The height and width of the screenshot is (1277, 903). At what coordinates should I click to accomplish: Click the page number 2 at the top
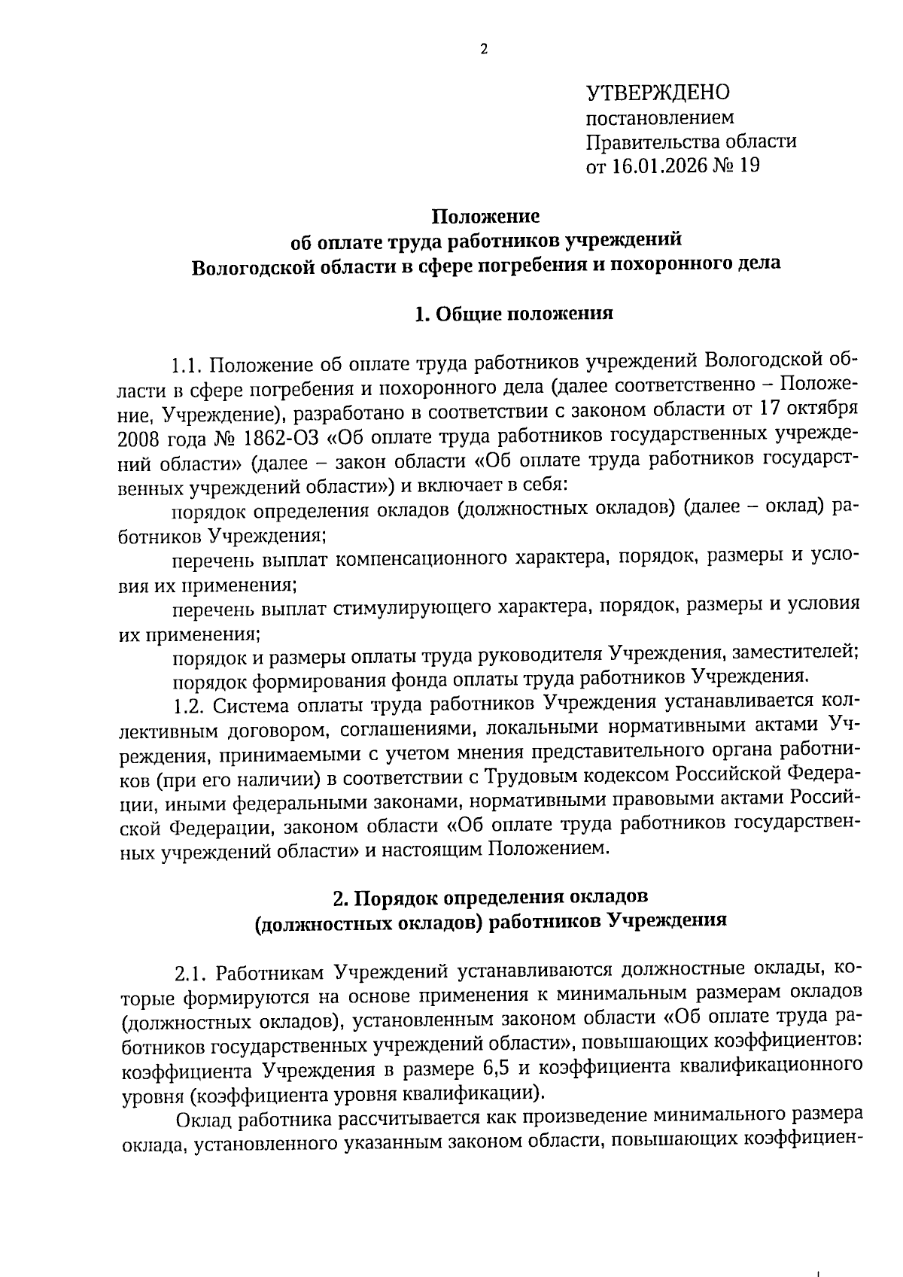[x=484, y=50]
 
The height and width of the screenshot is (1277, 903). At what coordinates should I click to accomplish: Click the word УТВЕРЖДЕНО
[x=658, y=93]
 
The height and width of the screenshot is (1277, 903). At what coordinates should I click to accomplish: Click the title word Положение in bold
[x=485, y=217]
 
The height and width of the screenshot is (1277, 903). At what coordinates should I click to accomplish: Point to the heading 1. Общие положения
[x=514, y=314]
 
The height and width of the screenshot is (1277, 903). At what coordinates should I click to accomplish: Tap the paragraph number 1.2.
[x=187, y=705]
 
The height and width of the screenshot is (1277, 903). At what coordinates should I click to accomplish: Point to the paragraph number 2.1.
[x=192, y=973]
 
